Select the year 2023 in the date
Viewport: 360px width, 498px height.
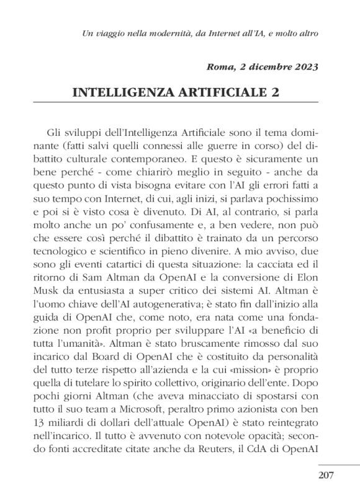tap(304, 67)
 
